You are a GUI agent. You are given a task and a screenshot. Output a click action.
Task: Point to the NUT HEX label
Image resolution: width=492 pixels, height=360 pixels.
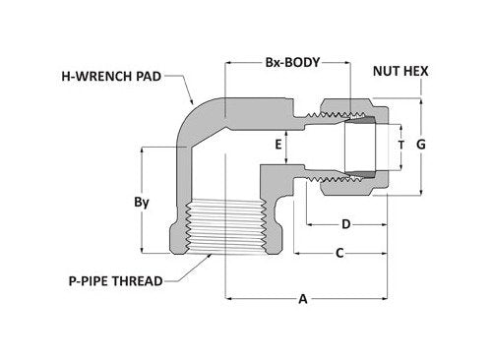[x=398, y=71]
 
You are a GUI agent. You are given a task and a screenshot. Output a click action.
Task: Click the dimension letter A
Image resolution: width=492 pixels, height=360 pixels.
[x=302, y=299]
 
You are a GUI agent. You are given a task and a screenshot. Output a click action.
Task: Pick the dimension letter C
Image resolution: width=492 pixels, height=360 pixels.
[x=339, y=253]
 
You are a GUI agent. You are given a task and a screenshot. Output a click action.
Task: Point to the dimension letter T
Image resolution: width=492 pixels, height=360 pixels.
[x=399, y=144]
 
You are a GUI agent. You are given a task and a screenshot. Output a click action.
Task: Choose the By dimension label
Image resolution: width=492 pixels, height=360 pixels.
[x=142, y=202]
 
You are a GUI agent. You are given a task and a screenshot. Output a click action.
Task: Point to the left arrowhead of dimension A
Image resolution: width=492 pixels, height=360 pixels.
[x=230, y=299]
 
